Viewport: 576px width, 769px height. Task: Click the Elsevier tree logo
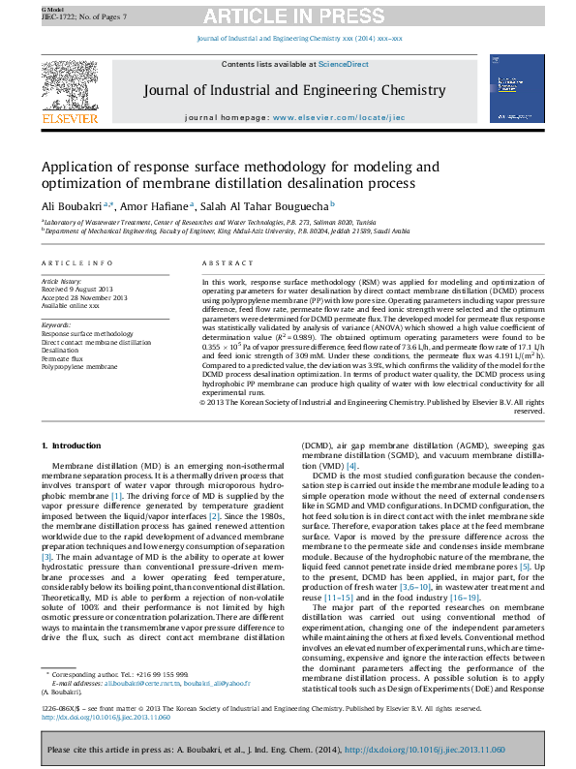(x=70, y=91)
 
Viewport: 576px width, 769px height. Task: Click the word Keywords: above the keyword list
(x=56, y=324)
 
